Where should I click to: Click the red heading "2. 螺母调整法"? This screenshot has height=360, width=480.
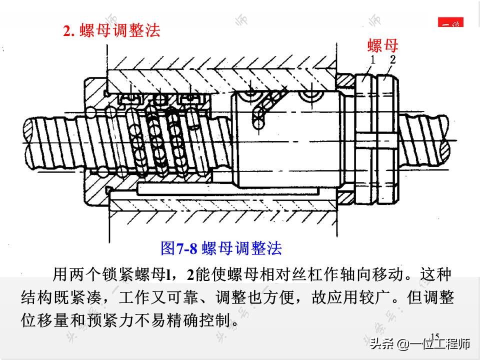[111, 31]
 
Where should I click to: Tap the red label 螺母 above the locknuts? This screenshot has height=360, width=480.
[382, 45]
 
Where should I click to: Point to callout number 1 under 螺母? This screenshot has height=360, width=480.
[372, 59]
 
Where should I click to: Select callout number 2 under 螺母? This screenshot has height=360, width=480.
[393, 59]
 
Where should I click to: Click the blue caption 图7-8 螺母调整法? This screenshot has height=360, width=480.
[221, 248]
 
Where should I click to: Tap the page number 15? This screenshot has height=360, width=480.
[434, 336]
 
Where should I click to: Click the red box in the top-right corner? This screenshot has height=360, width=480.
[450, 22]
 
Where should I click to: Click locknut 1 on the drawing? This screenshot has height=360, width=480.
[364, 139]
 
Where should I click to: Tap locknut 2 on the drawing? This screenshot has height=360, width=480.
[388, 139]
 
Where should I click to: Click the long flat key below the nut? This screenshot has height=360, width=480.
[228, 189]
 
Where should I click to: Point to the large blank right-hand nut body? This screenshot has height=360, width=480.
[288, 139]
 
